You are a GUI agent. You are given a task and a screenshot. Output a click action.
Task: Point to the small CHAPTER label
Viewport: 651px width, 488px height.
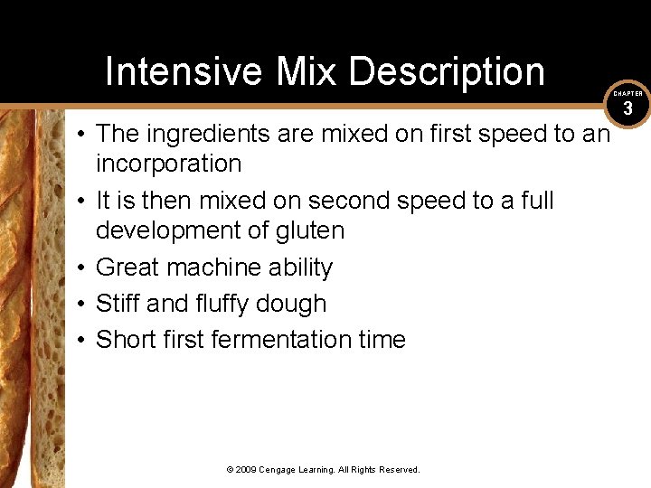628,93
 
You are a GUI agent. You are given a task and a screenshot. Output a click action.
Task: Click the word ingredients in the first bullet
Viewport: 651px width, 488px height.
207,134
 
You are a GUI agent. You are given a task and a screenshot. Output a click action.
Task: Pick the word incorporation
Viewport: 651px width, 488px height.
168,164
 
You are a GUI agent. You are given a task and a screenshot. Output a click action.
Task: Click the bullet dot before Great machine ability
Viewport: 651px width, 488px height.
81,267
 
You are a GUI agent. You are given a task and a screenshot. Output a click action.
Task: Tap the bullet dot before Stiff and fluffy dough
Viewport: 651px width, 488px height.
81,304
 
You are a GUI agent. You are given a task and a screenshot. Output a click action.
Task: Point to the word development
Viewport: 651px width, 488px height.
173,230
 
